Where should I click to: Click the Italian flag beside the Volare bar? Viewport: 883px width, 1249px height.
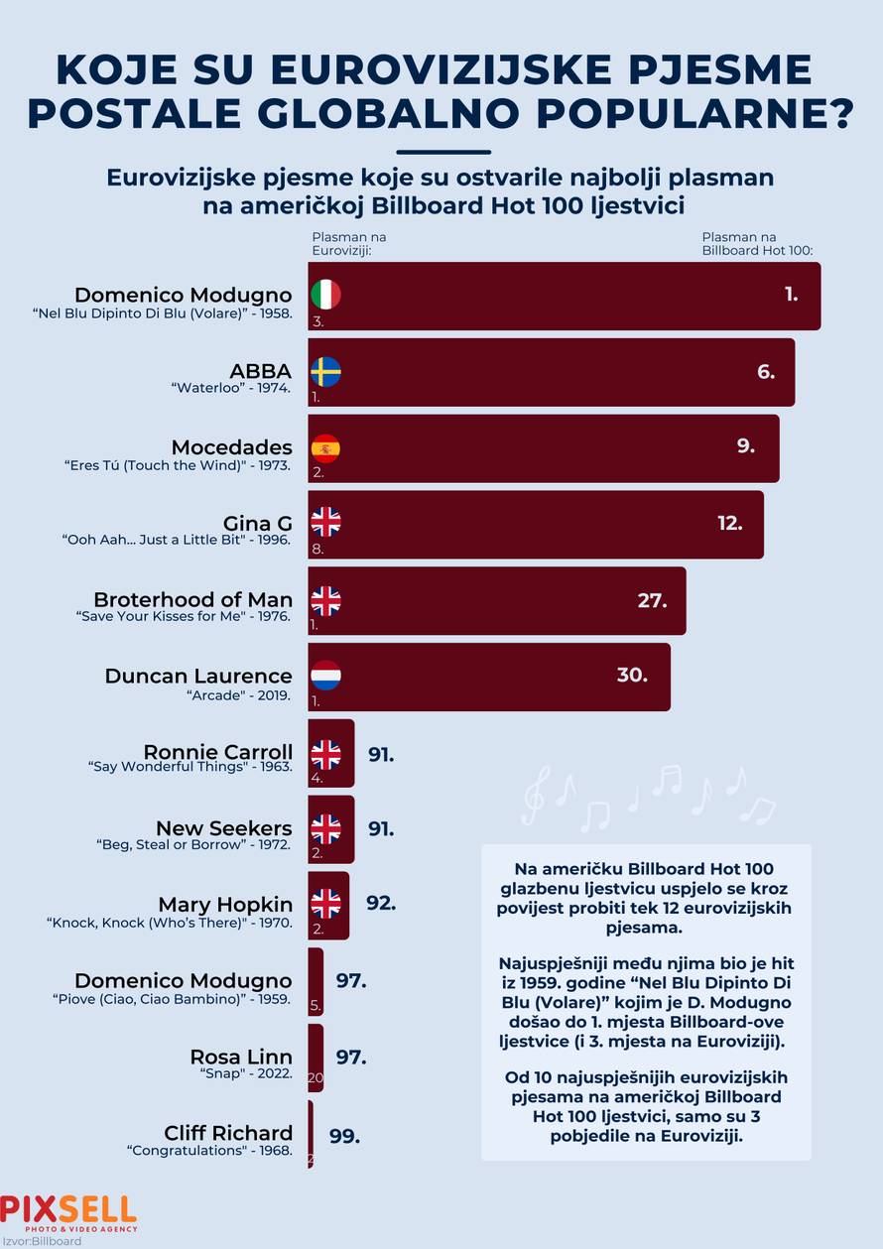click(x=325, y=295)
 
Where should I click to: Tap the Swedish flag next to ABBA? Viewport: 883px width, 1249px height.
click(x=325, y=371)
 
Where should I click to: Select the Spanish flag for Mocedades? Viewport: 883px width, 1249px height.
click(x=325, y=447)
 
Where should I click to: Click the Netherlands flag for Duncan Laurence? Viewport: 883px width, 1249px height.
click(x=325, y=676)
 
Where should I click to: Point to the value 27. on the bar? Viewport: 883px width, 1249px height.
click(x=652, y=600)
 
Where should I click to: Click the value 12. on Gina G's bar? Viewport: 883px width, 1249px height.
click(x=730, y=523)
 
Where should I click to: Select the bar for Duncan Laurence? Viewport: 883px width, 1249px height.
click(x=496, y=677)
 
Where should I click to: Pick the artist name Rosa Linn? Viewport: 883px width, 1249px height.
click(x=241, y=1057)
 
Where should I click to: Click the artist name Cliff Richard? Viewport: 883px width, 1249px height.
click(x=228, y=1133)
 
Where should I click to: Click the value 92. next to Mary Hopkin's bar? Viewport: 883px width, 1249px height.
click(x=381, y=904)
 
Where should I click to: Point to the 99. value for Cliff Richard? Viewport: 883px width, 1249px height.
click(x=344, y=1136)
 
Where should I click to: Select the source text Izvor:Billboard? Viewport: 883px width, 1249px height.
click(x=42, y=1241)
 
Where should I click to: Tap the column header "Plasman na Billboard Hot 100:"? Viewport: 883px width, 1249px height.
click(x=756, y=244)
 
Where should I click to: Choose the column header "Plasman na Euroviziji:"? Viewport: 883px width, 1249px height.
click(x=348, y=244)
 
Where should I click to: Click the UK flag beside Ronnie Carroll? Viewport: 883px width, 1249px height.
click(x=325, y=753)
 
